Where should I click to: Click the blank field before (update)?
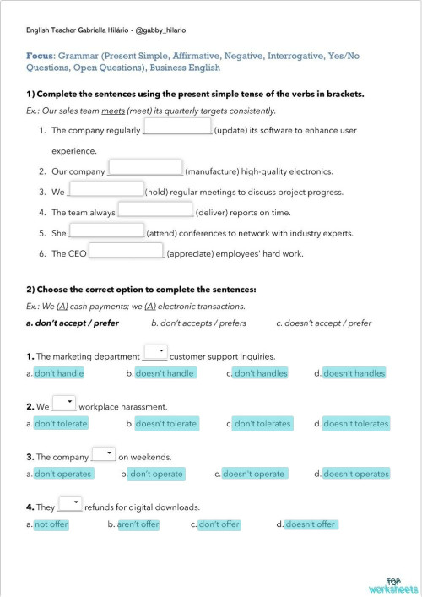(177, 127)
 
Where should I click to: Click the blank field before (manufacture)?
(146, 168)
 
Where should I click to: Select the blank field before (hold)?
(106, 189)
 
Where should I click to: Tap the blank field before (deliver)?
(155, 209)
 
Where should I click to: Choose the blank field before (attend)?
(106, 231)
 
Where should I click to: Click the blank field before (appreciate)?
(126, 251)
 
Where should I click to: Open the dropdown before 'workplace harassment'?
(64, 404)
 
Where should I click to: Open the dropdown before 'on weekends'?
(104, 454)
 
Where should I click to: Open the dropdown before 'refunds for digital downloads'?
(70, 505)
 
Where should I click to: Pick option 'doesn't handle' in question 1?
(165, 373)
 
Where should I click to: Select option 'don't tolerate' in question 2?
(61, 424)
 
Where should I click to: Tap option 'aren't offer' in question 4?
(138, 525)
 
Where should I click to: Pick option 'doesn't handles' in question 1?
(354, 373)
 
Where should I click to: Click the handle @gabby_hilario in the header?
(159, 30)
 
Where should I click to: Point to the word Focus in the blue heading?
(41, 55)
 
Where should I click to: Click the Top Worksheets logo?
(392, 584)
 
